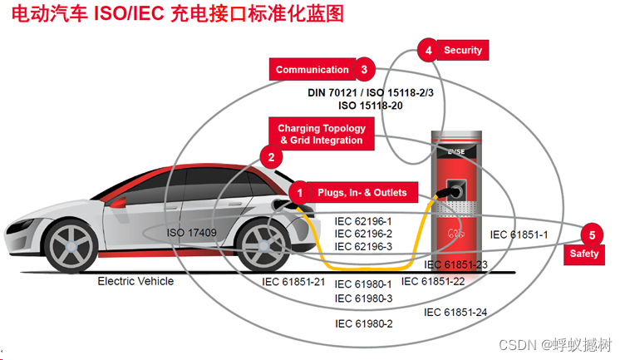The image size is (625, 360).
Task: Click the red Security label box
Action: click(x=462, y=50)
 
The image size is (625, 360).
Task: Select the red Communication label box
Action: click(x=312, y=70)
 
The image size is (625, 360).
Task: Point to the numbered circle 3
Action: click(x=364, y=70)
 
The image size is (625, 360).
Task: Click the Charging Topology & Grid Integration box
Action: click(x=321, y=135)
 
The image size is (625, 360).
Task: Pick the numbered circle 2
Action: click(x=269, y=156)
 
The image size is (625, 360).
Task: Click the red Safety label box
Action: click(x=584, y=254)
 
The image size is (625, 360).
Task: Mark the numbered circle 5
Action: click(x=592, y=234)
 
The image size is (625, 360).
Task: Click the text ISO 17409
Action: click(x=192, y=233)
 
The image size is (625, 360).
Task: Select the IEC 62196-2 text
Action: click(x=363, y=234)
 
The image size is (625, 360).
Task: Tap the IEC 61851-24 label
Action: click(x=455, y=313)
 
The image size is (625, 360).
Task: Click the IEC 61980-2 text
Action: click(x=363, y=323)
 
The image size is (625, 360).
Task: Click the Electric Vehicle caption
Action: click(x=135, y=281)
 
